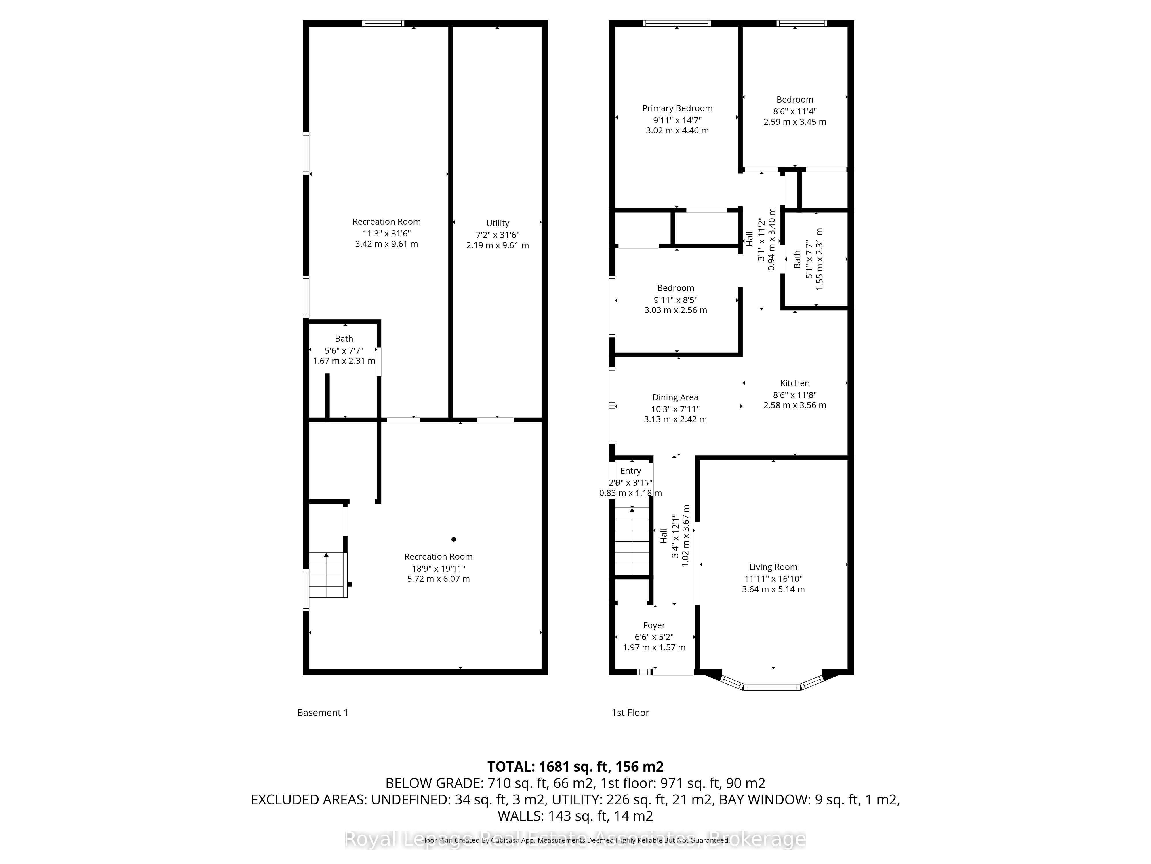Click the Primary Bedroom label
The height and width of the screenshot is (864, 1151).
tap(677, 108)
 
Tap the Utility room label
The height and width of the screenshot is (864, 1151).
tap(498, 223)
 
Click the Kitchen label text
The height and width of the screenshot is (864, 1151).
tap(794, 383)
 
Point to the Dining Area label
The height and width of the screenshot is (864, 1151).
tap(675, 397)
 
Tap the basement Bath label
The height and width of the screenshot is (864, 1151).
tap(344, 338)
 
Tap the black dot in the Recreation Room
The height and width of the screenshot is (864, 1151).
tap(454, 539)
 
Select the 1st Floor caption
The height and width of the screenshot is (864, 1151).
tap(630, 713)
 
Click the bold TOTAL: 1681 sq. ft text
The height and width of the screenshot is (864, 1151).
tap(575, 767)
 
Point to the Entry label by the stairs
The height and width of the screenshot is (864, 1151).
tap(630, 471)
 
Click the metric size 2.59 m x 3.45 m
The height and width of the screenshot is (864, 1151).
tap(794, 122)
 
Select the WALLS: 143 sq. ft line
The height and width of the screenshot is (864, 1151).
tap(575, 816)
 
